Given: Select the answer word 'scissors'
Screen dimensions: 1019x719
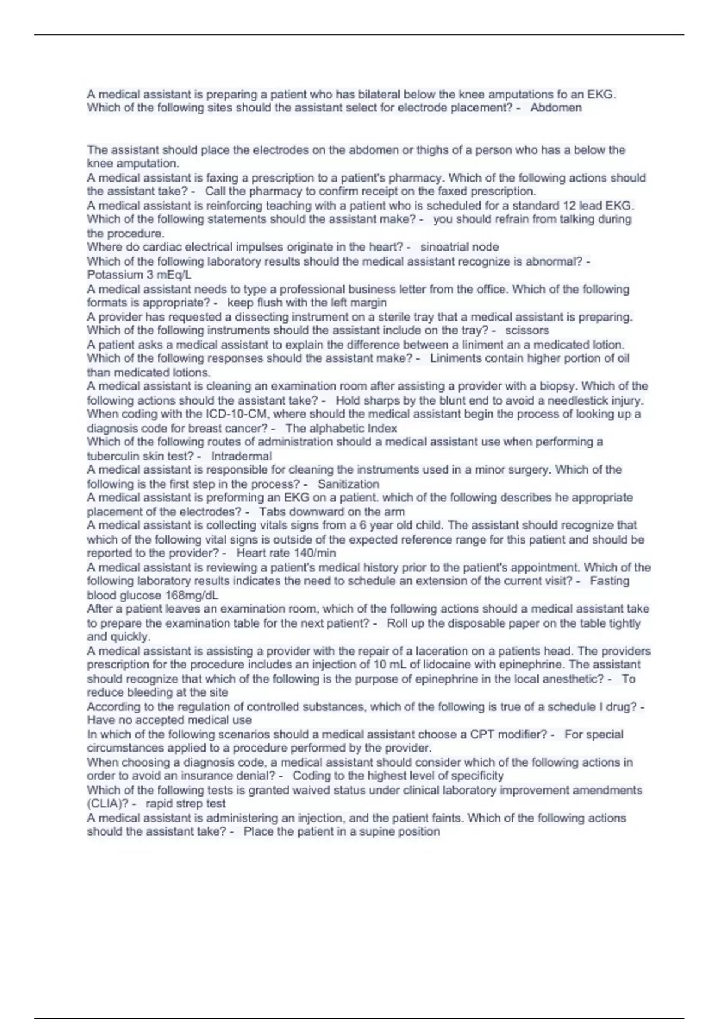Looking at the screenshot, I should click(x=527, y=330).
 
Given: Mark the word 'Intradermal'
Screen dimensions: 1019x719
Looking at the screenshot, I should click(x=241, y=456).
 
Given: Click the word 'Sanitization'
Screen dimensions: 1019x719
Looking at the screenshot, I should click(x=348, y=484).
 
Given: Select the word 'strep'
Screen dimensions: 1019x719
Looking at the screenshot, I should click(x=188, y=804).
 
